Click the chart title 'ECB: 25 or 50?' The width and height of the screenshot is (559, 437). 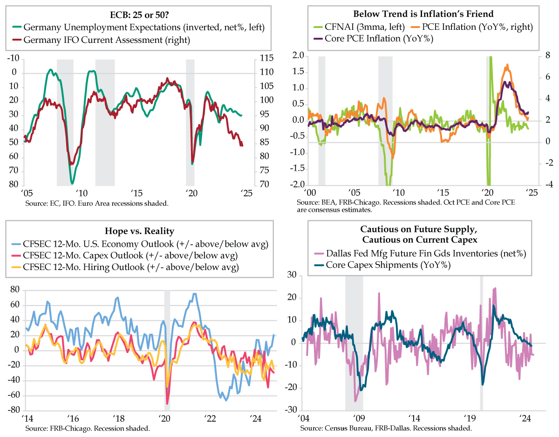click(x=138, y=14)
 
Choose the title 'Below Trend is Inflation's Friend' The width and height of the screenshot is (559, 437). click(x=417, y=14)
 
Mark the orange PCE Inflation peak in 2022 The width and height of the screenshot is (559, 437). click(x=507, y=65)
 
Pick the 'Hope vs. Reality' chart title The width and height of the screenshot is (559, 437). click(x=138, y=231)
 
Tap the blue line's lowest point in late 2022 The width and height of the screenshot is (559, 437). click(x=226, y=400)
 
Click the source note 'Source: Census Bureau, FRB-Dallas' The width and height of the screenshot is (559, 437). click(x=387, y=428)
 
